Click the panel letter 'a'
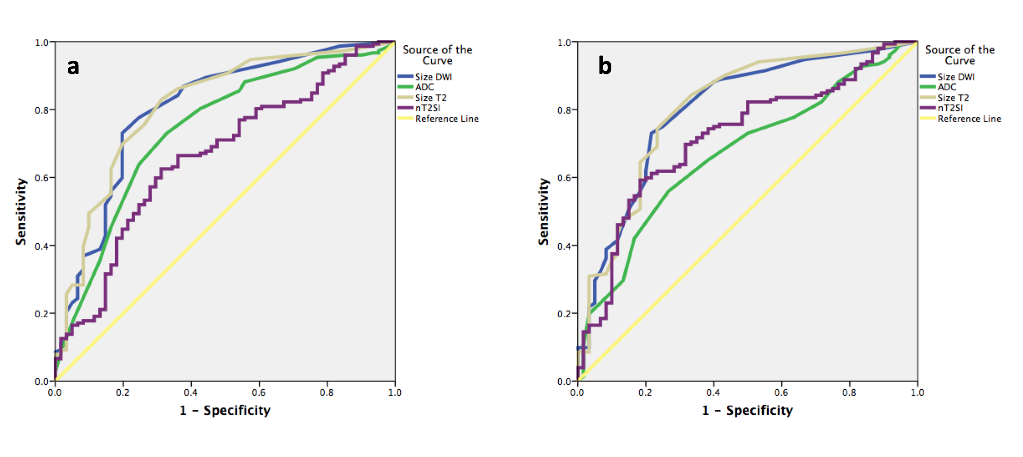click(73, 67)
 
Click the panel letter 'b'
click(605, 66)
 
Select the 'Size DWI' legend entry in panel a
click(433, 77)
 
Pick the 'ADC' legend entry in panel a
click(424, 87)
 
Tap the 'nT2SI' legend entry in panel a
click(427, 108)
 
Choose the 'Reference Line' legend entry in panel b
click(969, 119)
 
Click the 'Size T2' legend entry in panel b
click(953, 98)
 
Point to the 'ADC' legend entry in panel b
click(947, 87)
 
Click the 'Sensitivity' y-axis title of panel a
click(21, 211)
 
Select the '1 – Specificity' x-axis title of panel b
click(747, 410)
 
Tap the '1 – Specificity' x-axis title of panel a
click(225, 410)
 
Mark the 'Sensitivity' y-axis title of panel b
click(543, 211)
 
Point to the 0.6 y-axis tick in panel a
click(42, 178)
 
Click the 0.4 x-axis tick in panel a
click(191, 393)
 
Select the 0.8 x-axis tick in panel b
click(849, 393)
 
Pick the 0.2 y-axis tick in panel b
click(564, 314)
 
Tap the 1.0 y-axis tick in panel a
click(42, 43)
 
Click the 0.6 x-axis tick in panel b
click(781, 393)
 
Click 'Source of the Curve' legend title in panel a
click(437, 55)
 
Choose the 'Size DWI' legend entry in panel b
click(955, 77)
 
